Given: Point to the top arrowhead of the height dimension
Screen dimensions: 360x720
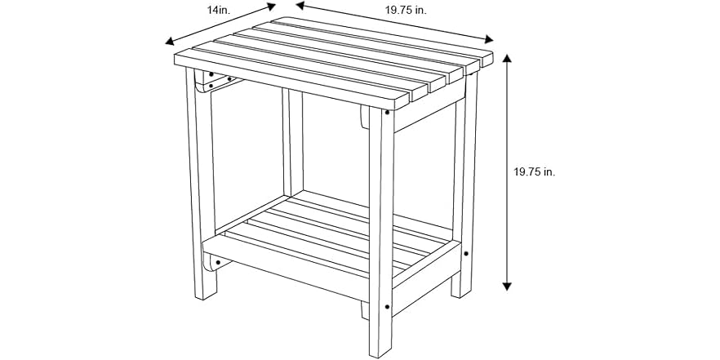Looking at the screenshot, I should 508,59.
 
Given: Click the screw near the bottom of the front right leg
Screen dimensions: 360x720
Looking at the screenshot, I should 386,307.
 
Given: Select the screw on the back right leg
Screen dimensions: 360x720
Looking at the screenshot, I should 465,254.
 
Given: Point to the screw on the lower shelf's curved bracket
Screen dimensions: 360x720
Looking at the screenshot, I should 216,263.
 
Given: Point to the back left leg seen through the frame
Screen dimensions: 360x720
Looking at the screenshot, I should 292,147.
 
